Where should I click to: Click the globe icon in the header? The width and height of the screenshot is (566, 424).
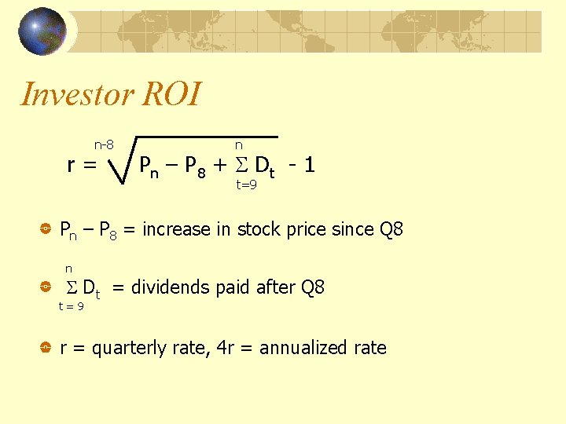coord(42,31)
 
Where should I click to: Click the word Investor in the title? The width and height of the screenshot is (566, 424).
coord(74,94)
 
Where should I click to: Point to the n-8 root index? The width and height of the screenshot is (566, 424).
coord(104,144)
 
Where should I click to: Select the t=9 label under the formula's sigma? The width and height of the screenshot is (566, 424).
coord(247,185)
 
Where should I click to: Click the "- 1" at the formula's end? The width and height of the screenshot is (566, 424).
coord(301,166)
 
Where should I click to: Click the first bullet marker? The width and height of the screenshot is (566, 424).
coord(46,230)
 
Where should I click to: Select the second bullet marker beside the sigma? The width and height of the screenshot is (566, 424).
coord(46,287)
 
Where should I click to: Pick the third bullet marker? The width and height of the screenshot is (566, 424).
coord(46,348)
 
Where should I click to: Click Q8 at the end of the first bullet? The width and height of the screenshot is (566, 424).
coord(390,230)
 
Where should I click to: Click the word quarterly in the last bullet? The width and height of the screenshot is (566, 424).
coord(123,348)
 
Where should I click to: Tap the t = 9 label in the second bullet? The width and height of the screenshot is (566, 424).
coord(71,306)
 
